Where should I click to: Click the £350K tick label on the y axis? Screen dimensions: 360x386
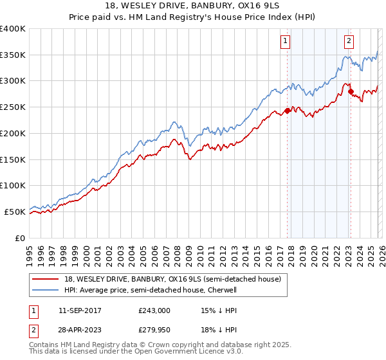(x=13, y=55)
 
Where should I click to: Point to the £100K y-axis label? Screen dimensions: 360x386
(x=13, y=185)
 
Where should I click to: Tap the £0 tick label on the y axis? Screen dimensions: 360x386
(x=19, y=238)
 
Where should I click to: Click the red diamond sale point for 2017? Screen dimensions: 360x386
(x=287, y=111)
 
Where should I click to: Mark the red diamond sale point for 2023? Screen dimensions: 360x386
(x=351, y=92)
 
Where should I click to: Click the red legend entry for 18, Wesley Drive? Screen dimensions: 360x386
(x=172, y=279)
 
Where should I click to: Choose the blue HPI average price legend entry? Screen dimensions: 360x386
(x=151, y=290)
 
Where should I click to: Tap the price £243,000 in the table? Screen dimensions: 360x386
(x=154, y=310)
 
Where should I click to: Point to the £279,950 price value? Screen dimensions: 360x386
(x=154, y=330)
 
